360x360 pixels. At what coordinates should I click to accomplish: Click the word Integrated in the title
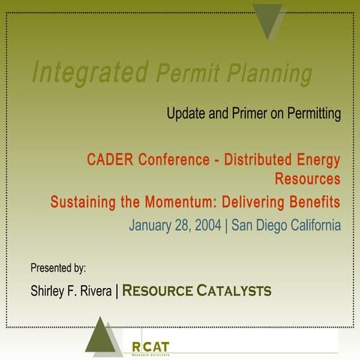[x=89, y=73]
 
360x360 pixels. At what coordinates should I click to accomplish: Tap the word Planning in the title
[x=267, y=75]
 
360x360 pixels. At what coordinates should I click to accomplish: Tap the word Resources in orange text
[x=307, y=180]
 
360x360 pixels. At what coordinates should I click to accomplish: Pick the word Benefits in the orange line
[x=310, y=202]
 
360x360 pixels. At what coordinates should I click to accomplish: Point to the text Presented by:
[x=58, y=267]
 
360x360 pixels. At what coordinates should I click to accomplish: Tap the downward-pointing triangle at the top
[x=268, y=19]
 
